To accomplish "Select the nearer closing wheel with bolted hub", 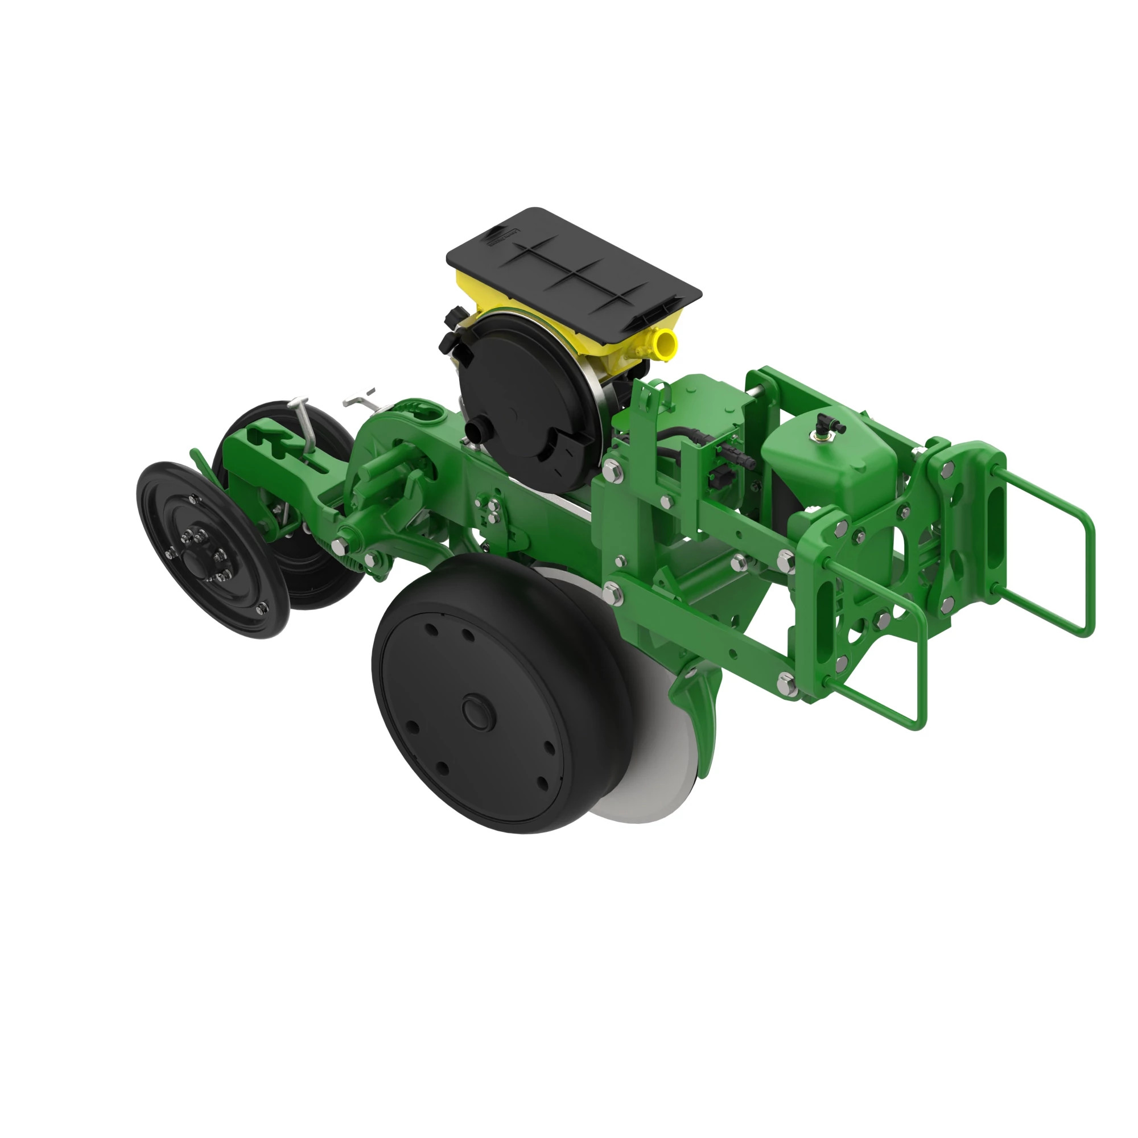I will coord(212,548).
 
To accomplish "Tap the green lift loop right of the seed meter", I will coord(648,401).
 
